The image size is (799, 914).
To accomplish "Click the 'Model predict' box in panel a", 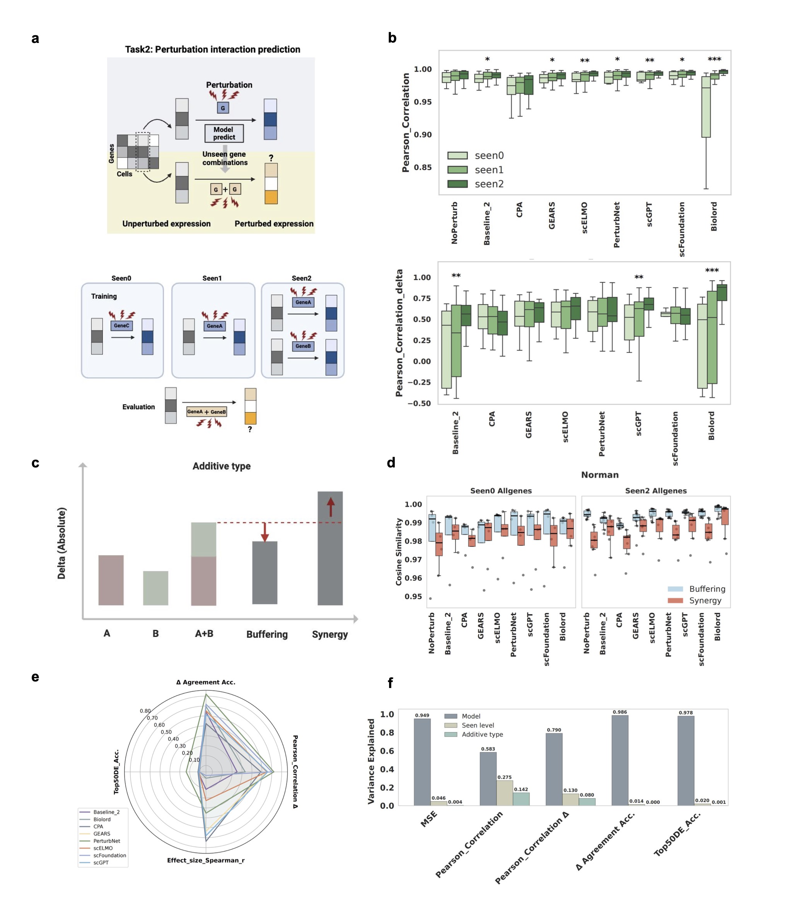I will point(224,134).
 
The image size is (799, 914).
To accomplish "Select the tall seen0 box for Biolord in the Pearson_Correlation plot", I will point(706,107).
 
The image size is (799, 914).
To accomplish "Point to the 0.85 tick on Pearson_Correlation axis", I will point(423,167).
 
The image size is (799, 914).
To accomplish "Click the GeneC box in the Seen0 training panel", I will point(121,326).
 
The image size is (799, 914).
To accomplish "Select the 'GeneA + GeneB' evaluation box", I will point(207,411).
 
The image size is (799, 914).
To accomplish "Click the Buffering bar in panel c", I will point(265,573).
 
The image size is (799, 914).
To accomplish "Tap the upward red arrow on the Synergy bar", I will point(330,507).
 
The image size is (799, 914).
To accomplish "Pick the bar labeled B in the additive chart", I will point(155,588).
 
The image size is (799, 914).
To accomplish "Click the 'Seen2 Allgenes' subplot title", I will point(656,491).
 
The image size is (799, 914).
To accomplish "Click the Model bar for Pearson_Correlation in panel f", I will point(488,779).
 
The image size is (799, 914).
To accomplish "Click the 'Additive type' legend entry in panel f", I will point(473,734).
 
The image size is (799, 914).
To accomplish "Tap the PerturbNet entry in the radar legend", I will point(106,841).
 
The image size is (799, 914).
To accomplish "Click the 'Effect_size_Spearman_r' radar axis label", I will point(205,860).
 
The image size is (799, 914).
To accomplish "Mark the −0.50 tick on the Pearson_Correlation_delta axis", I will point(419,403).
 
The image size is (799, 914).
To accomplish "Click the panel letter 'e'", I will point(35,677).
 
